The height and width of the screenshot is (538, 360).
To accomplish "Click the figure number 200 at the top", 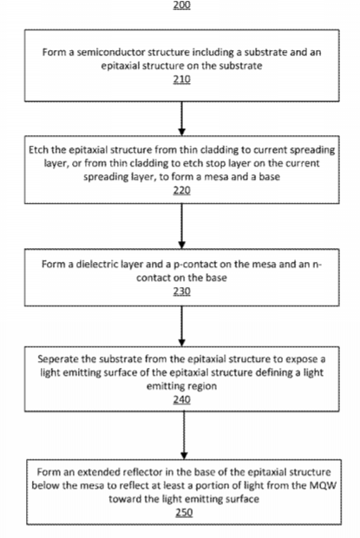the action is pyautogui.click(x=181, y=5).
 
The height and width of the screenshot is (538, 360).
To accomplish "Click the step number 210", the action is pyautogui.click(x=181, y=79).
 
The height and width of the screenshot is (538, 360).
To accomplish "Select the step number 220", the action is pyautogui.click(x=181, y=190).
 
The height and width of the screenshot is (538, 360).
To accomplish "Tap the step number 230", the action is pyautogui.click(x=181, y=292).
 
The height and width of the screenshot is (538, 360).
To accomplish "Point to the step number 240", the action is pyautogui.click(x=181, y=400).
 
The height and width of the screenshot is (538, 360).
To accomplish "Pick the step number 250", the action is pyautogui.click(x=184, y=513).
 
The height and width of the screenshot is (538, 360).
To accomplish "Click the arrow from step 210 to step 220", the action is pyautogui.click(x=181, y=118).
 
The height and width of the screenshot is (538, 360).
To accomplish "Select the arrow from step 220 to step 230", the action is pyautogui.click(x=181, y=226).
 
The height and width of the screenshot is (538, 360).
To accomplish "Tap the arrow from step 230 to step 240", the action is pyautogui.click(x=181, y=326).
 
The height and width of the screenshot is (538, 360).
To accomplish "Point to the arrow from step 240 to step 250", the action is pyautogui.click(x=184, y=436).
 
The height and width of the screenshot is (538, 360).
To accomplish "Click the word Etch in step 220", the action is pyautogui.click(x=38, y=150).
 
